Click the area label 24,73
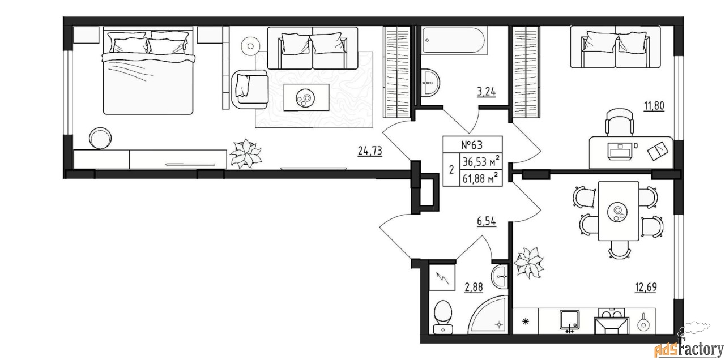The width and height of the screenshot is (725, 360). point(370,151)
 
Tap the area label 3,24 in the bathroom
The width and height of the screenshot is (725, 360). point(486,92)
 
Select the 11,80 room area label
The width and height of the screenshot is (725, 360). point(654,106)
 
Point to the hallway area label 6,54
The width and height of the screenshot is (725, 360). point(486,221)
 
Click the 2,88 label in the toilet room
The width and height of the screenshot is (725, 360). point(474,287)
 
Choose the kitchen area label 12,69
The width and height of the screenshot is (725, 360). point(646,287)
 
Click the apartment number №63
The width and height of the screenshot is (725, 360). point(472,145)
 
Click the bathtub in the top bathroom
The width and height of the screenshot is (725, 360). point(454,41)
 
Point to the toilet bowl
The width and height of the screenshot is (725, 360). point(443,317)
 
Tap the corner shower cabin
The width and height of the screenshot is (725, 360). point(488,315)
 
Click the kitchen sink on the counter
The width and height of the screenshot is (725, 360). point(570,321)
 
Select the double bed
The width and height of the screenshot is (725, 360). point(148,71)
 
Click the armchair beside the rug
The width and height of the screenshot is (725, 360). point(250,89)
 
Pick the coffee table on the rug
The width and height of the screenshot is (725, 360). point(306,97)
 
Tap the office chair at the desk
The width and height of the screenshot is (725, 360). point(619,122)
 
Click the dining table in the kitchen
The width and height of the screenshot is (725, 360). point(618,211)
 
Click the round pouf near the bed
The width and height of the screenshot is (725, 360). point(100,138)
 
